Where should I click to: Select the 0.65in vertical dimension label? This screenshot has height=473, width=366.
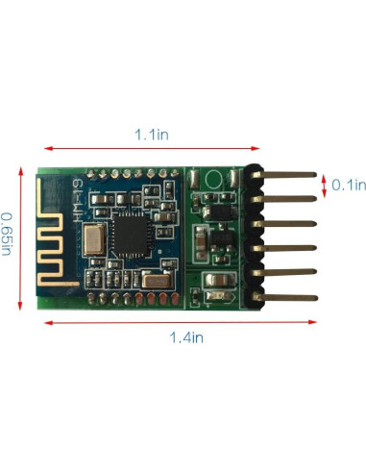tap(9, 233)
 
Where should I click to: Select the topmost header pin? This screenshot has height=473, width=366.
tap(288, 175)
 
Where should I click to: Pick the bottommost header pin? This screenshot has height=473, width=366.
tap(288, 297)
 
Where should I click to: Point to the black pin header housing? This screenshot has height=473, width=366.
tap(255, 236)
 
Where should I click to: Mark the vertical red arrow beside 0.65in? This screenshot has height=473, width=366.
tap(21, 236)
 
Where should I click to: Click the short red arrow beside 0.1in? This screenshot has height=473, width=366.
tap(324, 184)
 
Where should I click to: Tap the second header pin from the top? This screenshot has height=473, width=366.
tap(288, 199)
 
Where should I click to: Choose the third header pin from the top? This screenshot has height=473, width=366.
tap(288, 224)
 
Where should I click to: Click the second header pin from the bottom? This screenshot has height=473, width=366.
tap(288, 272)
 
